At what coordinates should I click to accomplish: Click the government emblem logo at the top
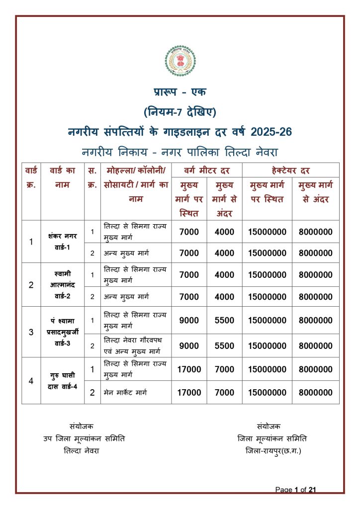point(180,61)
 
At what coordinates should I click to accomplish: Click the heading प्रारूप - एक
point(180,92)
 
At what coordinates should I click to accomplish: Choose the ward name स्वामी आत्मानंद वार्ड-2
point(63,285)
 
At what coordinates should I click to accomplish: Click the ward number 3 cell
point(31,332)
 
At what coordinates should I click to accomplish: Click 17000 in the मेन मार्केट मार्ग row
point(189,393)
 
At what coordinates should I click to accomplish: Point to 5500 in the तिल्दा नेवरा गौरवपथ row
point(224,345)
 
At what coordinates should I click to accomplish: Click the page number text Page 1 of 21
point(295,490)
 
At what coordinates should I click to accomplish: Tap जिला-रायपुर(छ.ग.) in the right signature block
point(273,451)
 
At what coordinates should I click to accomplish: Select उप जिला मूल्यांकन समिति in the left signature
point(84,438)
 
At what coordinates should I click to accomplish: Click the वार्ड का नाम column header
point(63,177)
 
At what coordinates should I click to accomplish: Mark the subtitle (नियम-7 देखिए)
point(180,111)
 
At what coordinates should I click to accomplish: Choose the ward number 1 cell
point(31,242)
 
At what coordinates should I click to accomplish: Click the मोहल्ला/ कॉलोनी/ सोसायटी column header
point(136,184)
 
